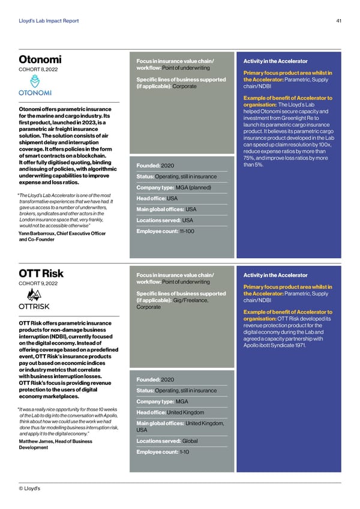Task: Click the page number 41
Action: (339, 22)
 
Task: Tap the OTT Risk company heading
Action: (41, 275)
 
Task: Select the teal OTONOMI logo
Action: (35, 92)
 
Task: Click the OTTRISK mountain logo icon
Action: (33, 295)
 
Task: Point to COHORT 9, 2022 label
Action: (38, 284)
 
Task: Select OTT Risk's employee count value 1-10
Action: (185, 452)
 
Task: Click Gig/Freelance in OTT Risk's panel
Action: (191, 300)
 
